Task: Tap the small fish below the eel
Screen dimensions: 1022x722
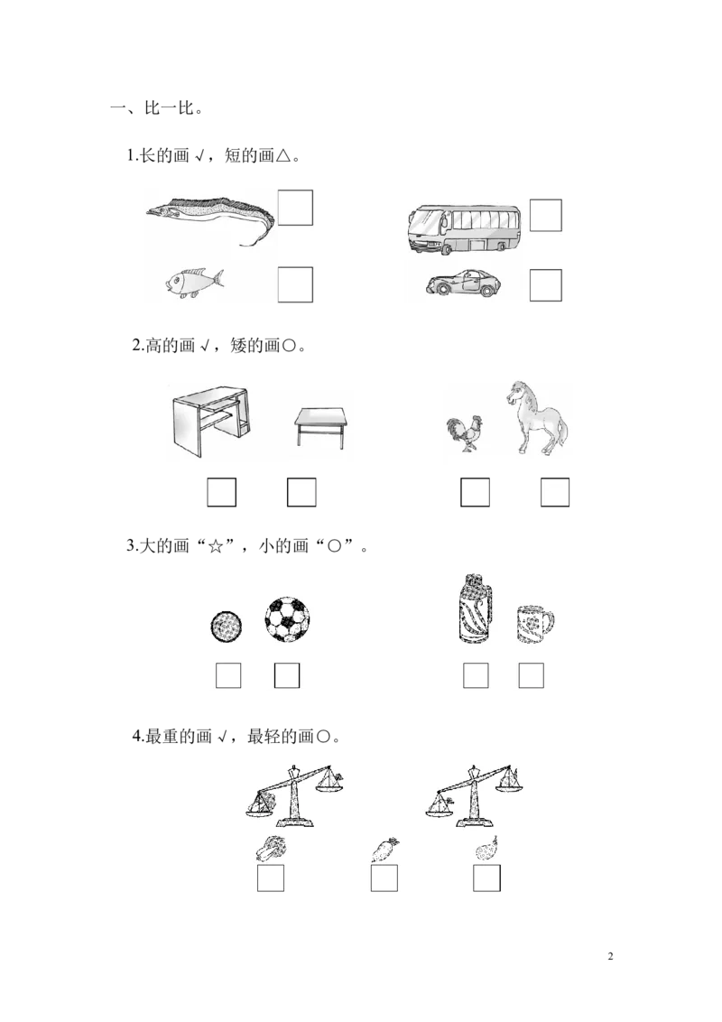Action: click(192, 283)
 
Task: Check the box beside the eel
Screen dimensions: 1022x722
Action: click(295, 208)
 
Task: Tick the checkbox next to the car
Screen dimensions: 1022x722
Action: click(545, 284)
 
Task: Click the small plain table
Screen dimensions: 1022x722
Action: click(319, 427)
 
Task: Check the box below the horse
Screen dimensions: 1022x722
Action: click(555, 494)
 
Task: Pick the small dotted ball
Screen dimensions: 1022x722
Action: click(226, 625)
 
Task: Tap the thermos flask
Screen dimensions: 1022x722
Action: click(474, 609)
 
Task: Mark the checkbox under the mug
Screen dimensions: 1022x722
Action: click(531, 674)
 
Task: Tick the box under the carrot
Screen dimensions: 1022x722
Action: click(384, 878)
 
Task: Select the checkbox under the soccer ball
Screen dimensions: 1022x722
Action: click(286, 674)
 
